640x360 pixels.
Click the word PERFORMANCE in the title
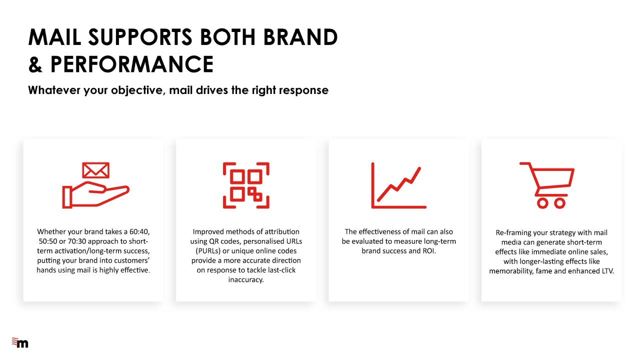coord(132,64)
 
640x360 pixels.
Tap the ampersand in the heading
coord(35,64)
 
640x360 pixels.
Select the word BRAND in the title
coord(300,37)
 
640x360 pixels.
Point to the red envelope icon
coord(95,170)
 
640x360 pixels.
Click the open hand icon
coord(95,194)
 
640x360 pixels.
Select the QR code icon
coord(246,185)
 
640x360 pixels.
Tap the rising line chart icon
coord(399,185)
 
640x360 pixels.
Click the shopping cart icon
coord(547,185)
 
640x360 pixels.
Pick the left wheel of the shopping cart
coord(542,203)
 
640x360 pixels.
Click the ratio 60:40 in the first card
coord(139,231)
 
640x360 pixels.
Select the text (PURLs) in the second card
coord(208,251)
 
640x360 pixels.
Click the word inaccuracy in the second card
coord(246,279)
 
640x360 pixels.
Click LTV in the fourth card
coord(607,271)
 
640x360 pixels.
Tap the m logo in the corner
coord(20,342)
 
